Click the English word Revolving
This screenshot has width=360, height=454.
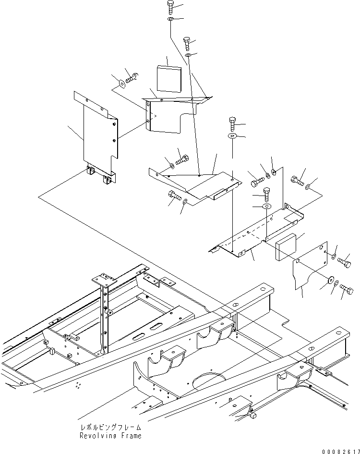[97, 436]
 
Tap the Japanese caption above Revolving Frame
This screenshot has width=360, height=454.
[110, 428]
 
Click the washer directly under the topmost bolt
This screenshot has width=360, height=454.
[170, 19]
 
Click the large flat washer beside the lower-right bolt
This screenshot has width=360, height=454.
[330, 280]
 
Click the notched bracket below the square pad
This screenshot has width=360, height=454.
[177, 114]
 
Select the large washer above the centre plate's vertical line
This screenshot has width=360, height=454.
[232, 135]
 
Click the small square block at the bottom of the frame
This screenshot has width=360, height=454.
[254, 416]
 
